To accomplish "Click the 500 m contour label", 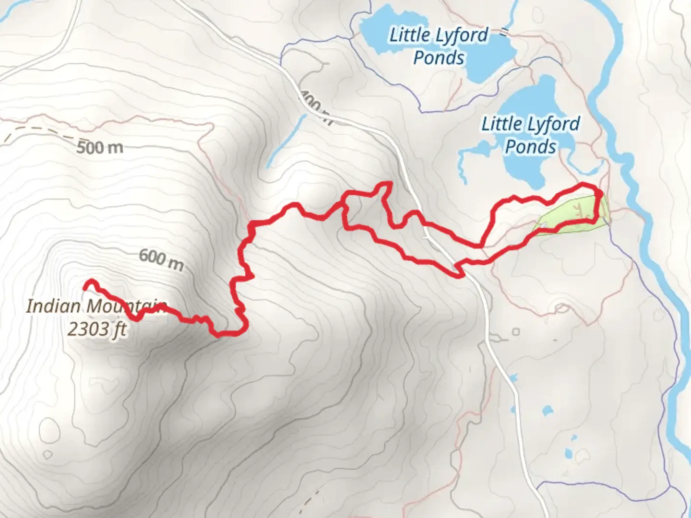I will pos(100,147).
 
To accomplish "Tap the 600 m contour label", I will pos(161,259).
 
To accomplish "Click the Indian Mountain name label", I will pos(96,306).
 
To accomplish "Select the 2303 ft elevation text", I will pos(97,330).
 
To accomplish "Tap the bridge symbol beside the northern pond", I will pos(503,32).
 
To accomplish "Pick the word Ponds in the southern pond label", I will pos(530,147).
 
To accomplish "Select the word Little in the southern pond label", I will pos(501,124).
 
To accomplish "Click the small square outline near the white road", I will pos(516,332).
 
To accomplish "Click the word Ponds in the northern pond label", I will pos(439,58).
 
